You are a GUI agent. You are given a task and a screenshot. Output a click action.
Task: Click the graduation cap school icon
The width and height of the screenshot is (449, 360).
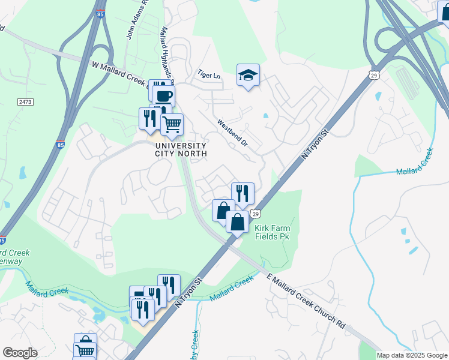click(x=248, y=76)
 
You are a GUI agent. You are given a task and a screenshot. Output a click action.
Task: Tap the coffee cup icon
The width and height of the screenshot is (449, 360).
click(x=163, y=95)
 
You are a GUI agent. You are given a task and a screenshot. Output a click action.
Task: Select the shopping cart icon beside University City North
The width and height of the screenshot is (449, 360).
click(x=172, y=124)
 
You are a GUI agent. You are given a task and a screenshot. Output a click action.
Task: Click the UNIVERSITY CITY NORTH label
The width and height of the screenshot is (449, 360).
click(x=181, y=150)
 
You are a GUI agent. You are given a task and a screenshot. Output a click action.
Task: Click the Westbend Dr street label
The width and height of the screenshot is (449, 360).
click(x=233, y=134)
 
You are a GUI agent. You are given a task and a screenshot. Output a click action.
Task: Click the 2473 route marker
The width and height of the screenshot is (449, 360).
click(x=25, y=103)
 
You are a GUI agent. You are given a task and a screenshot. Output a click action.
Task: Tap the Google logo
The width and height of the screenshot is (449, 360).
click(x=20, y=353)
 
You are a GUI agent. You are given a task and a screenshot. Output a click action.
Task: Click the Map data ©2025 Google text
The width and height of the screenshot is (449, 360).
click(x=412, y=355)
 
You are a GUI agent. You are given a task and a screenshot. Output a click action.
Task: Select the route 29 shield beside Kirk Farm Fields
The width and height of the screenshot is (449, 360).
click(x=256, y=214)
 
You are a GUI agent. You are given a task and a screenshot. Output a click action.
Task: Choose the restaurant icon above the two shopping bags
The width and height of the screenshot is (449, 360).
click(x=243, y=193)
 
